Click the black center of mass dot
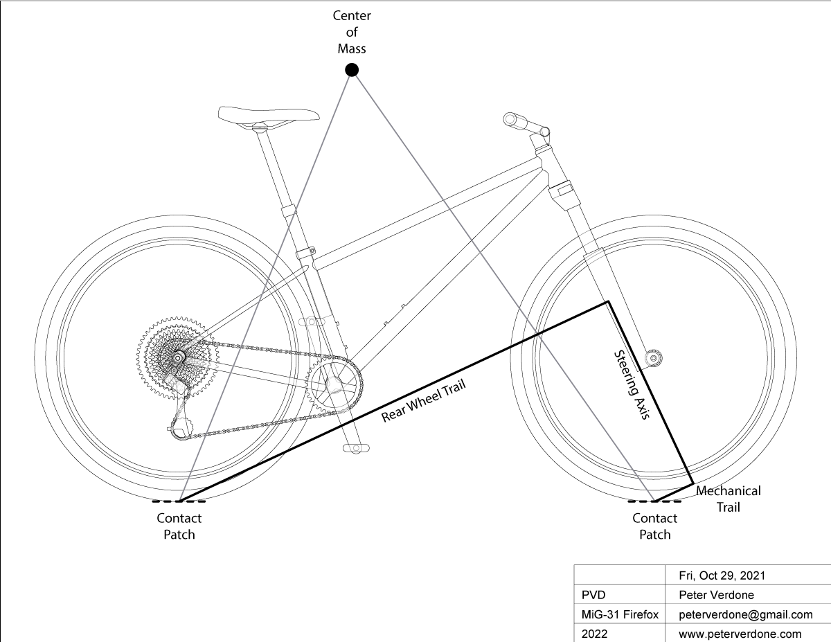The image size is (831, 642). point(352,69)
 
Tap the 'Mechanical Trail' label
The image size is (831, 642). point(728,499)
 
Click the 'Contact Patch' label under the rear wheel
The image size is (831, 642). point(179,526)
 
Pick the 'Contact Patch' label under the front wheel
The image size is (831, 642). point(654,526)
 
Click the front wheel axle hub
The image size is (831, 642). point(652,357)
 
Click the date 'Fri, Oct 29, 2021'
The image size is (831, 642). point(723,576)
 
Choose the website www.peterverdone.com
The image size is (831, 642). point(740,634)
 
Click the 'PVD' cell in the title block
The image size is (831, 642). point(593,595)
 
